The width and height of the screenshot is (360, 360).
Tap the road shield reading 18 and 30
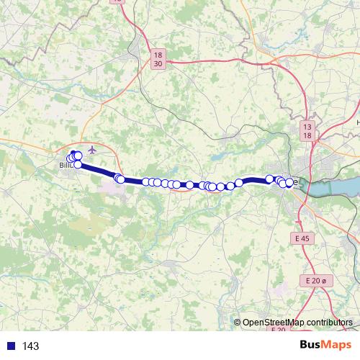coord(158,58)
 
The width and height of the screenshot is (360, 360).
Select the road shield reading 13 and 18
coord(307,130)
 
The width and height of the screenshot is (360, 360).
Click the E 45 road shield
coord(302,238)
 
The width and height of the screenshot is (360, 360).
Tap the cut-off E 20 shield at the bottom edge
coord(279,329)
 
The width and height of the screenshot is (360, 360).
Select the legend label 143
coord(30,346)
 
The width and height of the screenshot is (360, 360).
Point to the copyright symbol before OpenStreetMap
coord(238,323)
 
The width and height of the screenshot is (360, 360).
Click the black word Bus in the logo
coord(310,345)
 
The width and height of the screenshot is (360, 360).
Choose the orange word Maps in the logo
coord(337,345)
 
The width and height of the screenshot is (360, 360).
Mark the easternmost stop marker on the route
coord(289,183)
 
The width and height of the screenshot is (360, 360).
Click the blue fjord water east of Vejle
coord(331,180)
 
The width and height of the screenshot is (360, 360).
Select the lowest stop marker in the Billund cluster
coord(78,164)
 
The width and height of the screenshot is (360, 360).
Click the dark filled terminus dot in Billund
coord(73,153)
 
